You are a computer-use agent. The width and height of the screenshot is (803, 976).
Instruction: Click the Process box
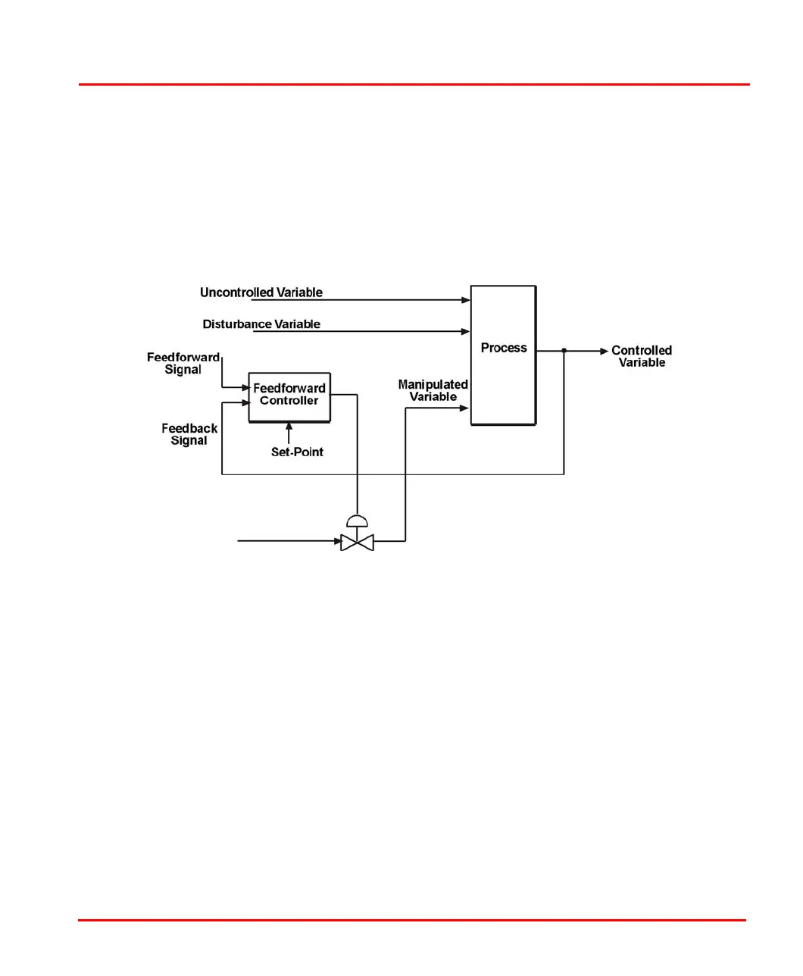point(503,355)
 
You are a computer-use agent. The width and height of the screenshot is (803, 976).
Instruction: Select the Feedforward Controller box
point(289,396)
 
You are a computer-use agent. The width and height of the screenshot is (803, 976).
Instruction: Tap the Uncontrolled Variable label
point(261,292)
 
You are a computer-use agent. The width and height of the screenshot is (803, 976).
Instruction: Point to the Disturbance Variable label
point(261,324)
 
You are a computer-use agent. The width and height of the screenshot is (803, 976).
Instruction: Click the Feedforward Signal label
point(183,364)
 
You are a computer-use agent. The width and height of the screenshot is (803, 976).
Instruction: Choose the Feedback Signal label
point(189,434)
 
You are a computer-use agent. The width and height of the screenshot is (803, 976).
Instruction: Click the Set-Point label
point(297,452)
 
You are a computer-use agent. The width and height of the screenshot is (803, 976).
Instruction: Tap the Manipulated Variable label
point(433,390)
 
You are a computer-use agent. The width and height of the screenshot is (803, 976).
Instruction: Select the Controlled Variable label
point(642,356)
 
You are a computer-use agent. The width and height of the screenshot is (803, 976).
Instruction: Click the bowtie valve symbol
point(357,542)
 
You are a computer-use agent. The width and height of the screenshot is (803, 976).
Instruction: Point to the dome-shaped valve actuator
point(357,521)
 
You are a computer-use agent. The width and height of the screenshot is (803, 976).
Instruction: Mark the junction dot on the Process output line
point(564,351)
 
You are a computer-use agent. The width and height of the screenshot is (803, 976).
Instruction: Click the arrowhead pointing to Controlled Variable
point(604,351)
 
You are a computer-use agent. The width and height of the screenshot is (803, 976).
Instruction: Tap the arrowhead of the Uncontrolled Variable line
point(466,300)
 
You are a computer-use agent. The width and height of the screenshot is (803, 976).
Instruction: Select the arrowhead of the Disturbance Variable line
point(466,332)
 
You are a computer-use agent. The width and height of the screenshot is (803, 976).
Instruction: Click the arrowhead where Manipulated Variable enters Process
point(464,408)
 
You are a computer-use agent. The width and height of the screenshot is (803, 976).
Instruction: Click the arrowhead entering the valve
point(338,541)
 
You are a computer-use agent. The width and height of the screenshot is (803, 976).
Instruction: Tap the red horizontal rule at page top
point(414,85)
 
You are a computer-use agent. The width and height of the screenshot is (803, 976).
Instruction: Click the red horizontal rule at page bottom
point(411,921)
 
